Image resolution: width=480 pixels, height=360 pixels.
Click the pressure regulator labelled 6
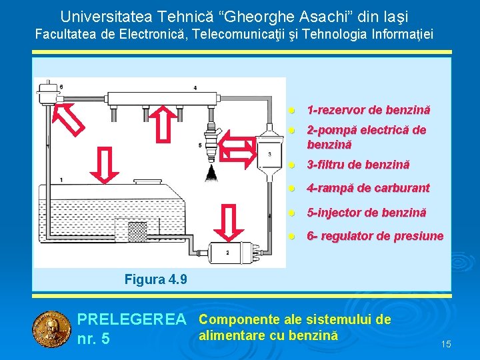point(49,90)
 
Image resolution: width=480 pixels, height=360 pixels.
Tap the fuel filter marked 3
point(269,154)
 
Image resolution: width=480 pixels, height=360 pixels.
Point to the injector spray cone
point(213,175)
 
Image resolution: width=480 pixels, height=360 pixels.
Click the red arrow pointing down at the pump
point(229,221)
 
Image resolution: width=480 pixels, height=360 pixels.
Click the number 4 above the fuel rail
point(195,87)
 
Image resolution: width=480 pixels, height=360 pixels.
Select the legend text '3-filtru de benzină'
point(358,165)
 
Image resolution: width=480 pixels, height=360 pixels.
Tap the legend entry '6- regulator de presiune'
point(374,236)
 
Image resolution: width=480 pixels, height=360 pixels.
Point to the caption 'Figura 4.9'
point(156,279)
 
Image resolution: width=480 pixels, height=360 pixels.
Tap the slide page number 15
point(446,344)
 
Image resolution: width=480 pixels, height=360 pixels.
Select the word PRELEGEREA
point(131,320)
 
